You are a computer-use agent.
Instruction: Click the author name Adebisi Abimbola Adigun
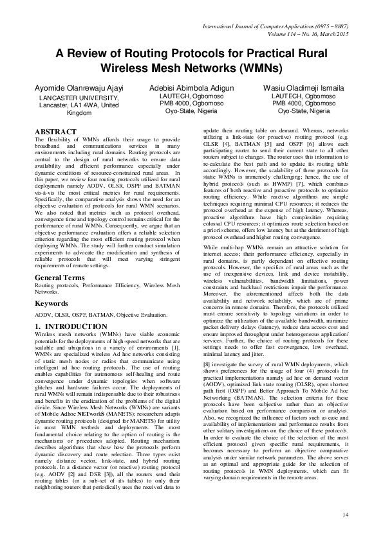tap(191, 87)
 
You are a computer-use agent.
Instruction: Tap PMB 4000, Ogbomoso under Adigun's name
tap(191, 103)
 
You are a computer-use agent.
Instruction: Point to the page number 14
tap(345, 514)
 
